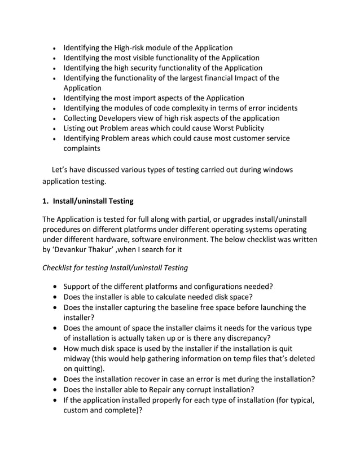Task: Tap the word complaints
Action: point(82,148)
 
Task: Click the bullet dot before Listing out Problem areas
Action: point(53,129)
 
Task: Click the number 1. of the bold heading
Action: point(46,201)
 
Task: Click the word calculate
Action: point(185,297)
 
